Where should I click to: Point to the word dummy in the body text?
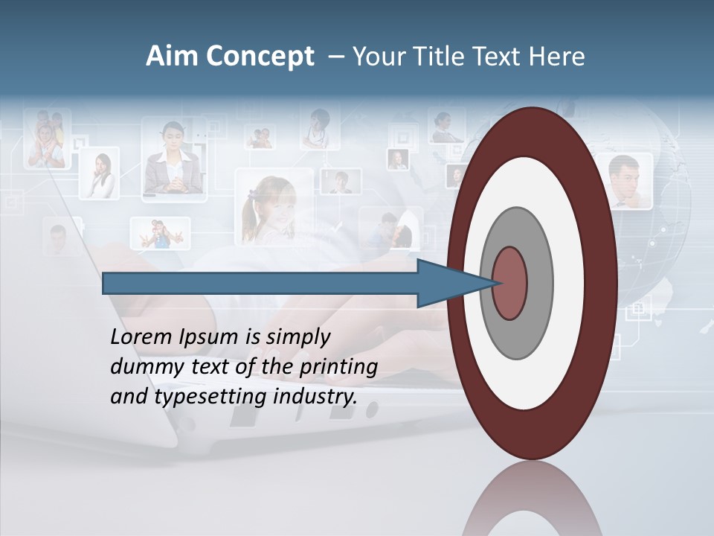point(141,367)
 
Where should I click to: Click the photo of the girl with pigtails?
point(274,207)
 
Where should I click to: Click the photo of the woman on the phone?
point(99,174)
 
